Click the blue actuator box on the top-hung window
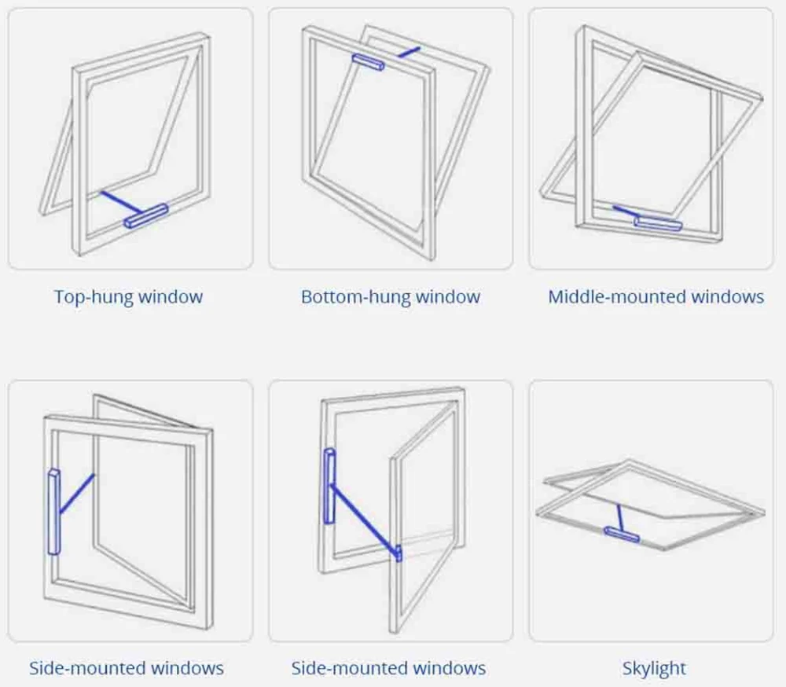pyautogui.click(x=147, y=216)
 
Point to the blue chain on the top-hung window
pyautogui.click(x=120, y=200)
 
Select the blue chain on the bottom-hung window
pyautogui.click(x=409, y=51)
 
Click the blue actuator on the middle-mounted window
pyautogui.click(x=658, y=223)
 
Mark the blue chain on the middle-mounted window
pyautogui.click(x=626, y=211)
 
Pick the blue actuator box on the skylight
pyautogui.click(x=621, y=534)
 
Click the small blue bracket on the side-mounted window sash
pyautogui.click(x=399, y=553)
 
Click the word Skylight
pyautogui.click(x=654, y=669)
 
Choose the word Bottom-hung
pyautogui.click(x=355, y=297)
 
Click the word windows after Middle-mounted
pyautogui.click(x=726, y=297)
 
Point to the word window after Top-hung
pyautogui.click(x=171, y=297)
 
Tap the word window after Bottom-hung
pyautogui.click(x=447, y=297)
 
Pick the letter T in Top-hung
pyautogui.click(x=59, y=297)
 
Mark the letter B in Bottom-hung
pyautogui.click(x=307, y=297)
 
